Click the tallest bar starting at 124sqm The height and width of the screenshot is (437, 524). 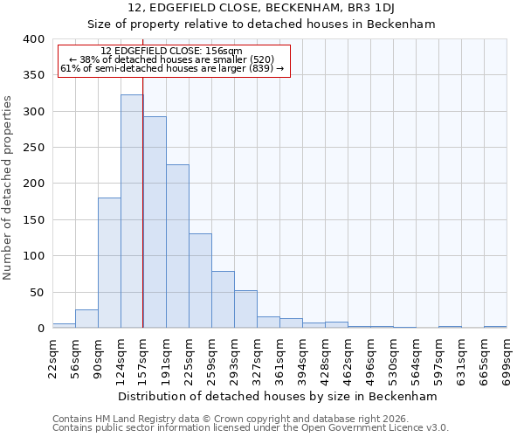(132, 212)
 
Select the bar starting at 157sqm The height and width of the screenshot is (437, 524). (155, 223)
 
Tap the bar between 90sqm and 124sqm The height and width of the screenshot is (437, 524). (109, 263)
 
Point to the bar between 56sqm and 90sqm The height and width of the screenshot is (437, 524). (86, 319)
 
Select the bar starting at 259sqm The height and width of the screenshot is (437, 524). (223, 300)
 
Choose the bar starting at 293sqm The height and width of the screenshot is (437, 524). (245, 309)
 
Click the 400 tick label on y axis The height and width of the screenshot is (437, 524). (33, 39)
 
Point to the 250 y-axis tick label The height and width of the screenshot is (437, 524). (33, 148)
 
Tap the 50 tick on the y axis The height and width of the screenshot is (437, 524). (37, 293)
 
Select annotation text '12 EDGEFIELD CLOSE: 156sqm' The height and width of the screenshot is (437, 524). (171, 52)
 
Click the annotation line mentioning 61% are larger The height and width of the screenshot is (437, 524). (172, 68)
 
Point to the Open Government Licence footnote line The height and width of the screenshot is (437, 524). (251, 428)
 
